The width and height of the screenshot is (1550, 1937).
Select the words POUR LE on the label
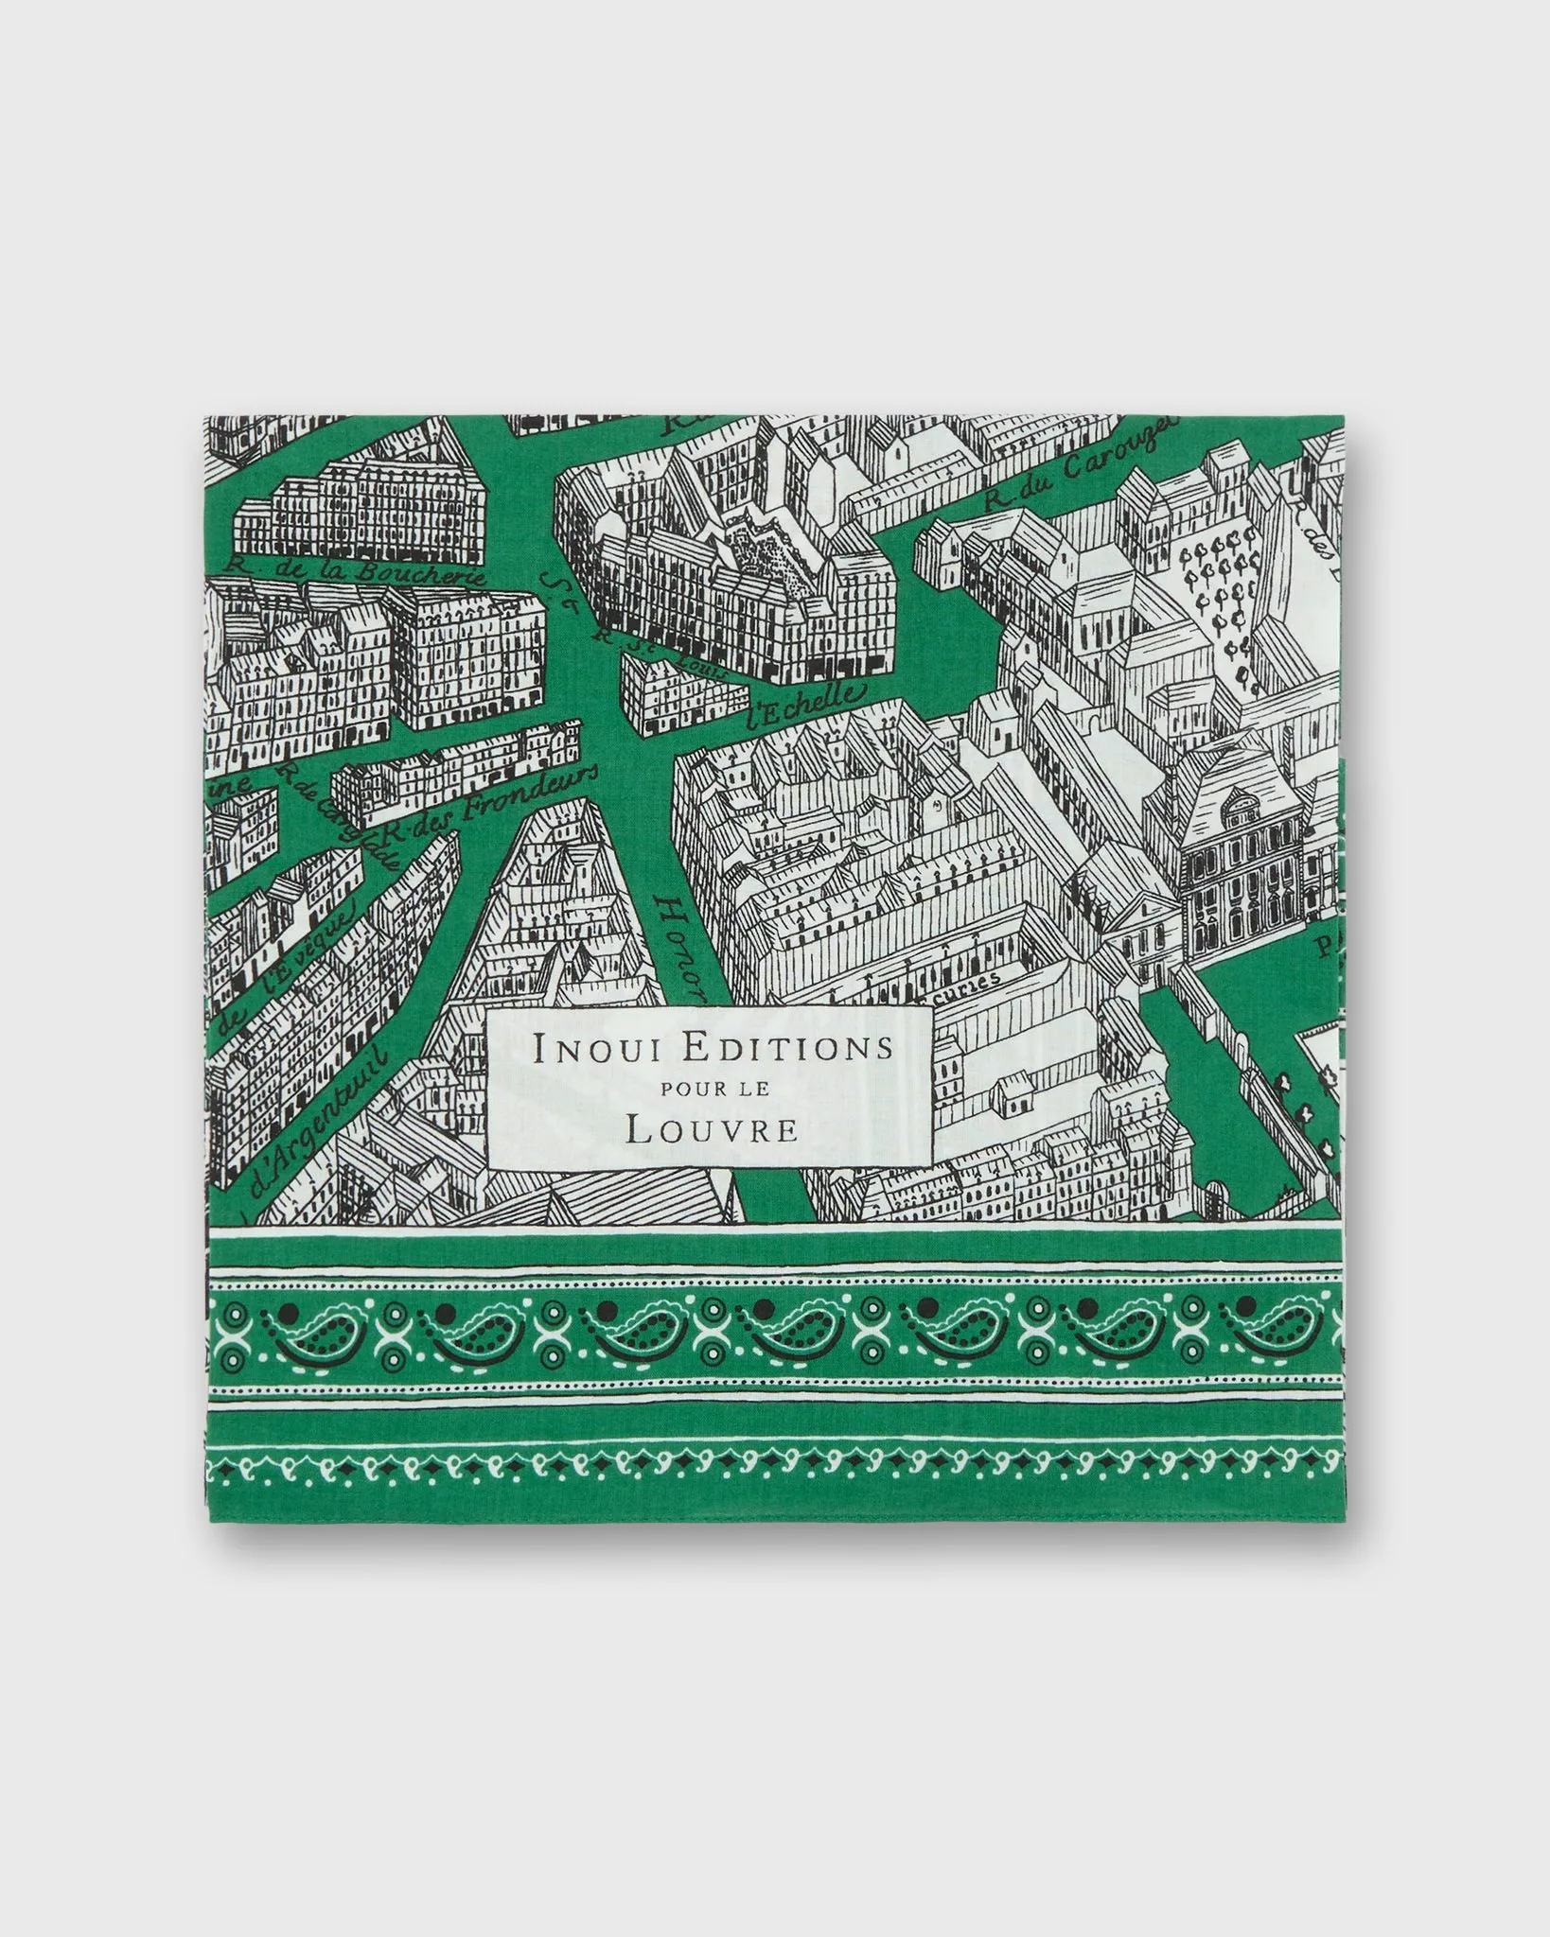coord(714,1089)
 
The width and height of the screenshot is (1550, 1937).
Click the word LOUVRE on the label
coord(712,1130)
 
